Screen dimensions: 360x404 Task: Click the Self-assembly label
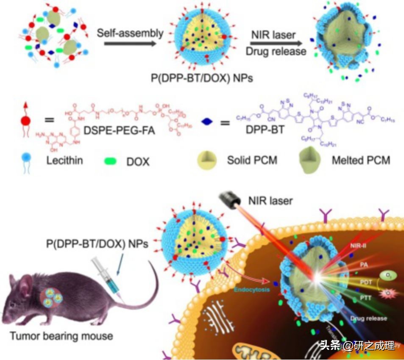click(x=130, y=33)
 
